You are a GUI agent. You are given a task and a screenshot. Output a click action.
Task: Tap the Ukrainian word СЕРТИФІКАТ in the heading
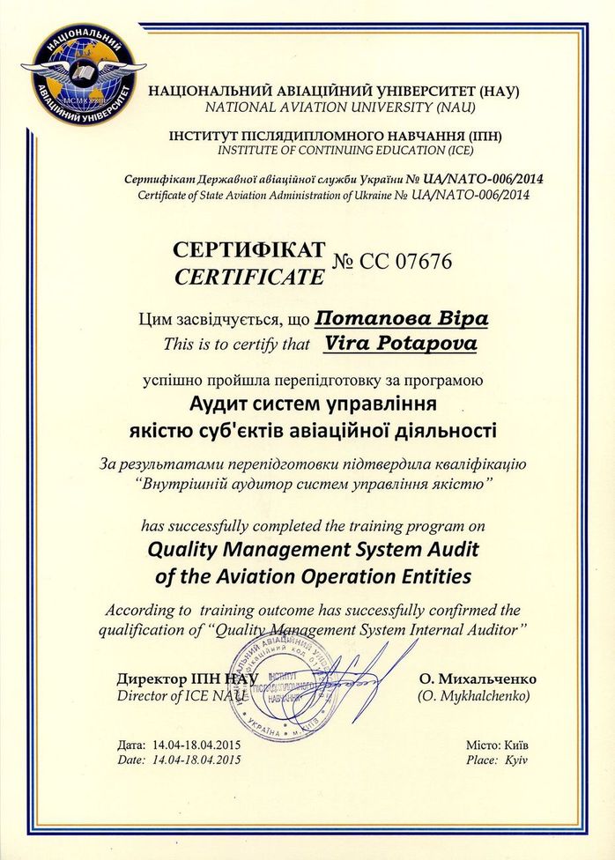click(x=250, y=250)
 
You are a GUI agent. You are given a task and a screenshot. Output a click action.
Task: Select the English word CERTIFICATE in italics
click(x=249, y=277)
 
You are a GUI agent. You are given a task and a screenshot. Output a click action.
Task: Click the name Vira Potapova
click(x=401, y=344)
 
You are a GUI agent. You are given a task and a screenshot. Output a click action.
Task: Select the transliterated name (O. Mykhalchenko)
click(x=472, y=696)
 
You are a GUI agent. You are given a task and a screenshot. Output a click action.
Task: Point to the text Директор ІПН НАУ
click(x=186, y=679)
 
